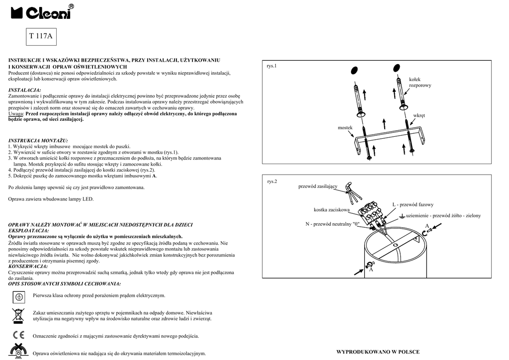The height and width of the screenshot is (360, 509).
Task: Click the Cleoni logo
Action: click(x=42, y=12)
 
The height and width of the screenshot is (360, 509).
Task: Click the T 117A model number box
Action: click(x=40, y=36)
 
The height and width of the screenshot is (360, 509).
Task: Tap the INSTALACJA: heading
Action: click(x=25, y=90)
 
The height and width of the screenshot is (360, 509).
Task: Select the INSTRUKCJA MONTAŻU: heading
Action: click(x=38, y=141)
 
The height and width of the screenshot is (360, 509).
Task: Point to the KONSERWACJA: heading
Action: click(x=28, y=267)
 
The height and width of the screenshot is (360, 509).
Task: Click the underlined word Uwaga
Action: click(x=16, y=114)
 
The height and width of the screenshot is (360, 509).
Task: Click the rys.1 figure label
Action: click(x=271, y=66)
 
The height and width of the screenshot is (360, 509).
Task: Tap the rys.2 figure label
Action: click(x=272, y=181)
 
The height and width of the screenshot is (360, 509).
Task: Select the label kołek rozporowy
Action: click(x=420, y=83)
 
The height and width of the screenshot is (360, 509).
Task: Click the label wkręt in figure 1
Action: click(x=419, y=116)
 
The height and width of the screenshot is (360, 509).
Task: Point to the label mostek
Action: click(x=345, y=128)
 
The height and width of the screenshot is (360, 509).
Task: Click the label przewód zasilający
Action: click(x=318, y=186)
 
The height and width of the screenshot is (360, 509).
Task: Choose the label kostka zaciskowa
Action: click(x=332, y=209)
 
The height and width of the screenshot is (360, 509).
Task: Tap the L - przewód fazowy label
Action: click(x=413, y=204)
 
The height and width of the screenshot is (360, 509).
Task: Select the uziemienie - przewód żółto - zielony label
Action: click(x=443, y=216)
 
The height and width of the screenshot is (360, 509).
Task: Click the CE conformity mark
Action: click(x=18, y=335)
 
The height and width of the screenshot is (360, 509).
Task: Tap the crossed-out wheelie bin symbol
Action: click(x=18, y=315)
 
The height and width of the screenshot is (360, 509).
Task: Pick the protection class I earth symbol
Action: click(x=18, y=296)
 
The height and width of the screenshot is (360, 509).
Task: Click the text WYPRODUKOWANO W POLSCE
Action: click(x=378, y=352)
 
